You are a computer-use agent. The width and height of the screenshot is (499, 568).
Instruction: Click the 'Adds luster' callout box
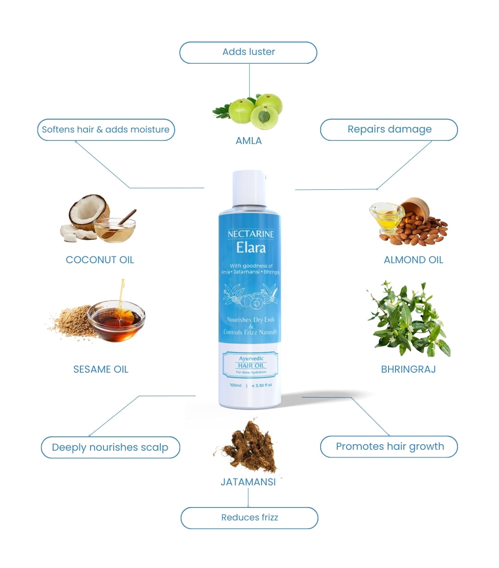pos(248,52)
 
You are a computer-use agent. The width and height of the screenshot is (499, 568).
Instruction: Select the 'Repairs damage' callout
pos(389,130)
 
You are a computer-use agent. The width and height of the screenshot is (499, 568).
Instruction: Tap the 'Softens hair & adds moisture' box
pos(106,130)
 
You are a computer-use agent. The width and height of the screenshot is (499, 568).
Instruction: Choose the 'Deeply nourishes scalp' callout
pos(110,447)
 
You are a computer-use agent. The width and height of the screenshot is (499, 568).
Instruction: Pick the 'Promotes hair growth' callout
pos(389,447)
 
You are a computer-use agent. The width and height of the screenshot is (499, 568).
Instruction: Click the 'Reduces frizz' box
pos(249,518)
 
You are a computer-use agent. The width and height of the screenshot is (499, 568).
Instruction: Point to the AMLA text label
pos(249,141)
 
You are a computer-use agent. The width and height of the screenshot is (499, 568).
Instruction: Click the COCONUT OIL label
pos(100,260)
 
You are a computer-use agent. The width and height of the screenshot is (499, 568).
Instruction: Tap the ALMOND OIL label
pos(413,260)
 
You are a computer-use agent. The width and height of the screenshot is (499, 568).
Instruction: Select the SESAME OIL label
pos(101,369)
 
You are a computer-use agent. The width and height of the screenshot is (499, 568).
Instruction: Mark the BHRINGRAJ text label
pos(408,369)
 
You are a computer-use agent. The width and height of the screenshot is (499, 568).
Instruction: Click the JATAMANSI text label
pos(248,482)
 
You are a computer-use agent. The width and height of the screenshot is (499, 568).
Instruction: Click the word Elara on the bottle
pos(250,248)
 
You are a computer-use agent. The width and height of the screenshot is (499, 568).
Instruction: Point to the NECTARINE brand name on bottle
pos(250,234)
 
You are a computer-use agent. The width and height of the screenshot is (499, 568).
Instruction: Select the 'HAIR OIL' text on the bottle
pos(251,365)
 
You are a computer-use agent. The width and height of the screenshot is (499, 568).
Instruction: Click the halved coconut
pos(88,212)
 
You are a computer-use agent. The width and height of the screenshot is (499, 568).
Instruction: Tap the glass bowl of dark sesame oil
pos(116,320)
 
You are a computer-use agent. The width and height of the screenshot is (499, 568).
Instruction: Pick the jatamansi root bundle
pos(249,446)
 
